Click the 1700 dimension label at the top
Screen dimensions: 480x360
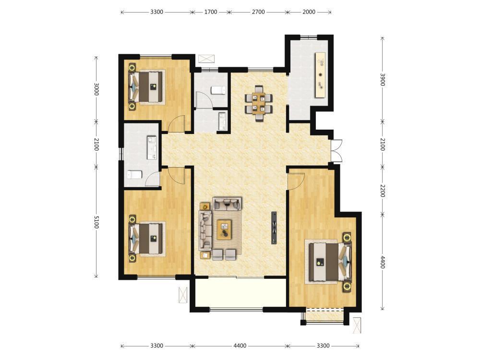pos(211,12)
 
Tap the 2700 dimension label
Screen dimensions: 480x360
pos(258,12)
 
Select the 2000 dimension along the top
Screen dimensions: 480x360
pos(309,12)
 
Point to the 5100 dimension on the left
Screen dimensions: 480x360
pos(96,222)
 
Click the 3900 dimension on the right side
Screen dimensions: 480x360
pos(383,80)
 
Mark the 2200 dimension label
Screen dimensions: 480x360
pos(383,191)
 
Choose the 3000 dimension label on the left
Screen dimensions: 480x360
pos(96,89)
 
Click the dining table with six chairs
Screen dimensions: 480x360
pos(259,103)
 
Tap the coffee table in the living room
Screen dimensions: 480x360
pos(224,229)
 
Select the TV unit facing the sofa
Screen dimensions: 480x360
pos(274,228)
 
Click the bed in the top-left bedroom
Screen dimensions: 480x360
pos(146,86)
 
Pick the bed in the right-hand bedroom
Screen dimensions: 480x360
pos(329,262)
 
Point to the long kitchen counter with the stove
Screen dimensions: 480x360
pos(320,75)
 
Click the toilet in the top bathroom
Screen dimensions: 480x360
pos(218,90)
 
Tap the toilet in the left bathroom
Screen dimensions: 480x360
pos(134,175)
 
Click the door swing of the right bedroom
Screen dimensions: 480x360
pos(296,181)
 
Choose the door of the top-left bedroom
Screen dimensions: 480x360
pos(177,124)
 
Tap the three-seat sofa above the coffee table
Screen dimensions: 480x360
pos(227,204)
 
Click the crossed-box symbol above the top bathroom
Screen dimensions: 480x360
pos(206,59)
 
